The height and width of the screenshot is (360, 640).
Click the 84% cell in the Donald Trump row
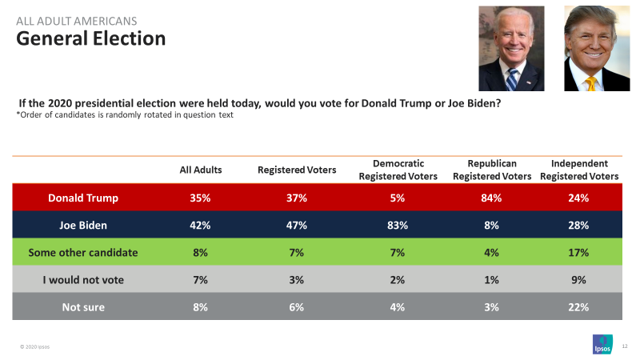491,198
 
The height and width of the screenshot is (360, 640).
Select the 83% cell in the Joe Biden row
398,225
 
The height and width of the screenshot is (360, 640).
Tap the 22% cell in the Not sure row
579,307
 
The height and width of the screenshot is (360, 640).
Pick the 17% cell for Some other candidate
579,253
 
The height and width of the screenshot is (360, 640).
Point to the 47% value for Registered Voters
297,225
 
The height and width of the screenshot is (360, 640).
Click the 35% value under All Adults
201,198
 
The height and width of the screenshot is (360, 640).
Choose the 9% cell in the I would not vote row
579,280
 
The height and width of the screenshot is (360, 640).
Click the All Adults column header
201,170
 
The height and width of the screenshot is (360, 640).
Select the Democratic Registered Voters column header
398,170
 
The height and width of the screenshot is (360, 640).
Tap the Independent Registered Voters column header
579,170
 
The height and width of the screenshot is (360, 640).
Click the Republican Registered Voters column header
491,170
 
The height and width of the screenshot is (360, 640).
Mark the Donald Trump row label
83,198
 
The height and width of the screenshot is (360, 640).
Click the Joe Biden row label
83,225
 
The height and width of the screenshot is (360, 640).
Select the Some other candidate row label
83,253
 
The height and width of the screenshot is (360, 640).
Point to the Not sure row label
83,307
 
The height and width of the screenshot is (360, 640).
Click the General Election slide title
91,38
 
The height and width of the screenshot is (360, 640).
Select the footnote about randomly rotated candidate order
124,116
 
